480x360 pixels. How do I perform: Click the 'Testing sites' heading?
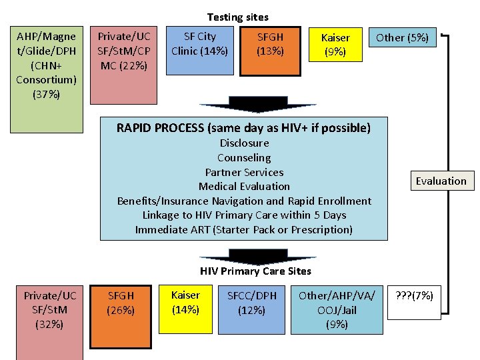tap(238, 17)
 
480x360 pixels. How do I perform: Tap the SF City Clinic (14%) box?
tap(199, 43)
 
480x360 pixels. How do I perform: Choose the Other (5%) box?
tap(402, 38)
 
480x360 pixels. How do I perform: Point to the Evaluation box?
tap(441, 181)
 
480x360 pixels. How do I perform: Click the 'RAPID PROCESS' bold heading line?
tap(243, 127)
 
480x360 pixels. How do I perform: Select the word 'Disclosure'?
tap(244, 143)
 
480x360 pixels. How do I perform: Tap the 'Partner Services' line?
tap(244, 172)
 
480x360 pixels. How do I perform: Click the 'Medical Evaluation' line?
tap(244, 187)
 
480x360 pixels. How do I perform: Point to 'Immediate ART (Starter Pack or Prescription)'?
tap(244, 230)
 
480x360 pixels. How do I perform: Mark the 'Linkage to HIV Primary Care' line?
tap(244, 215)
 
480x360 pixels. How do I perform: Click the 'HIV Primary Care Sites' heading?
tap(255, 271)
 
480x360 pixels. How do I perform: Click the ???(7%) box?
tap(414, 295)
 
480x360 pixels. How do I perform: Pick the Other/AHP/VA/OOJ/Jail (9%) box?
tap(337, 310)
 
